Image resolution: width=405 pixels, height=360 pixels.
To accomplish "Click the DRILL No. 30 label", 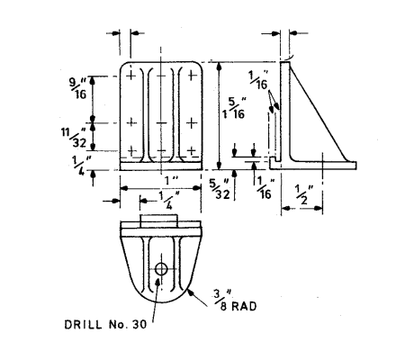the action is pyautogui.click(x=105, y=324).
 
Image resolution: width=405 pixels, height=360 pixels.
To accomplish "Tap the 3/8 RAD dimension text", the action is pyautogui.click(x=235, y=301).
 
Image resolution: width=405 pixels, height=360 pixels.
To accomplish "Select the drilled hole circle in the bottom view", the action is pyautogui.click(x=161, y=269).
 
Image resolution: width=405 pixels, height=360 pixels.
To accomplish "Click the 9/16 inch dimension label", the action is pyautogui.click(x=78, y=88).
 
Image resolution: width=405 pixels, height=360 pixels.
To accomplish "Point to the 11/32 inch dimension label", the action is pyautogui.click(x=74, y=137).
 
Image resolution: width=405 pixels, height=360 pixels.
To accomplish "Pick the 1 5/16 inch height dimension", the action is pyautogui.click(x=234, y=108).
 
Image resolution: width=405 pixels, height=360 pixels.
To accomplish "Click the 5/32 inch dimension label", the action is pyautogui.click(x=220, y=189).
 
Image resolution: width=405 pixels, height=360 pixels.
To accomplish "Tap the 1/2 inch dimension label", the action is pyautogui.click(x=304, y=194).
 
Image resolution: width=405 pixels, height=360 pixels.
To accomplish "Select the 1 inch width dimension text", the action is pyautogui.click(x=172, y=180).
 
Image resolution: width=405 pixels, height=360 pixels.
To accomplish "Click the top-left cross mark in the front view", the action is pyautogui.click(x=130, y=75).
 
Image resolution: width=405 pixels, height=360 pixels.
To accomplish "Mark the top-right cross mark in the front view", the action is pyautogui.click(x=192, y=75).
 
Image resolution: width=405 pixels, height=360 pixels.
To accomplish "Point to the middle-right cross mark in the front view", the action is pyautogui.click(x=192, y=122).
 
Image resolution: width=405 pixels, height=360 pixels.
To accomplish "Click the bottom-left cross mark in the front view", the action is pyautogui.click(x=131, y=150).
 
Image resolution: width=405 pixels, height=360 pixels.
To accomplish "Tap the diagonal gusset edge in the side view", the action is pyautogui.click(x=318, y=112).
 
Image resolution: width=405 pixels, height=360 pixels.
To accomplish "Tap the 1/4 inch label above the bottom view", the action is pyautogui.click(x=169, y=200).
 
